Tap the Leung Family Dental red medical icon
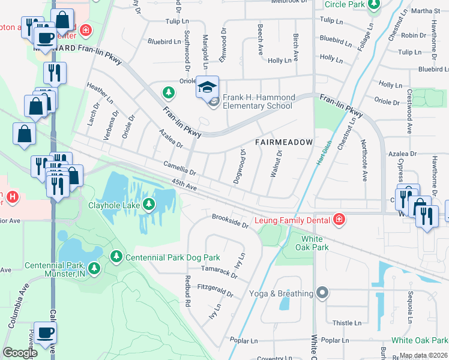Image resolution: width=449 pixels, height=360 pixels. pos(339,220)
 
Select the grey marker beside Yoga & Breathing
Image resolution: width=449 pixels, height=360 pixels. pos(323,293)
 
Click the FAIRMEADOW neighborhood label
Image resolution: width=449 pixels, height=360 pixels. pos(284,142)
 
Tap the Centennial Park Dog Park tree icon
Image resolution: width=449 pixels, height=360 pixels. pos(116,257)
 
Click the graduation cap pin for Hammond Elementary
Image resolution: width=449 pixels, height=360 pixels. pos(207,89)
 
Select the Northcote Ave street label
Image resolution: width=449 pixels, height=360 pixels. pos(364,160)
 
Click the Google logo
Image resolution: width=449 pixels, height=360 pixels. pos(20,353)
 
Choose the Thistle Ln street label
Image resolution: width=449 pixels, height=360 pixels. pos(343,323)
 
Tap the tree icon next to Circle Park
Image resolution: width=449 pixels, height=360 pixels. pos(374,5)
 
